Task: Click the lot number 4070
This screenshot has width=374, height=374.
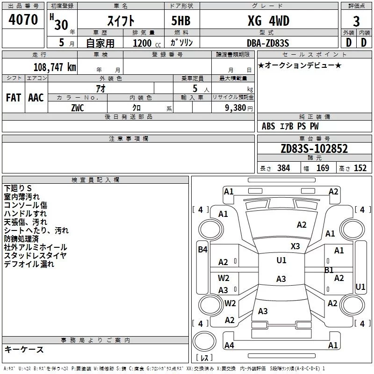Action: tap(23, 21)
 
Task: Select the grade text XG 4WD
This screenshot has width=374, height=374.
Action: tap(268, 21)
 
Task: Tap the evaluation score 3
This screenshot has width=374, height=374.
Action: tap(356, 22)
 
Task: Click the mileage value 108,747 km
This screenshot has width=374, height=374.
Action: tap(55, 67)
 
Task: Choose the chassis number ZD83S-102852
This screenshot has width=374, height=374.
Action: tap(314, 149)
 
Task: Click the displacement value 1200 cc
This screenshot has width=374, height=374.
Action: tap(144, 43)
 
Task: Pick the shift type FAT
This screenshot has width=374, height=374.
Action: tap(14, 97)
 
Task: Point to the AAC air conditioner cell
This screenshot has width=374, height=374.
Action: tap(36, 97)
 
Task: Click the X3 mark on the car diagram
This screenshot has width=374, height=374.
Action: tap(295, 246)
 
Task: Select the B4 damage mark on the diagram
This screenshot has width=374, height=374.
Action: tap(202, 250)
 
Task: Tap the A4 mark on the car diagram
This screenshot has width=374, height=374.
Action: tap(229, 345)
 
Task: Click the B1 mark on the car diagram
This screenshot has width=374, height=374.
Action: tap(329, 270)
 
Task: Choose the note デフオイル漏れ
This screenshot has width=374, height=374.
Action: tap(29, 264)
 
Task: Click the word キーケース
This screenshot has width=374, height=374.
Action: tap(24, 350)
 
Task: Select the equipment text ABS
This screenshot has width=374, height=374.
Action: tap(268, 126)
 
